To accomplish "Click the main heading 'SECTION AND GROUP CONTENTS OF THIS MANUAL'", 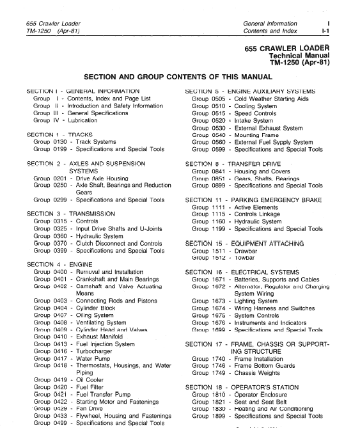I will click(x=180, y=77).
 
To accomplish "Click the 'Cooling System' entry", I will click(x=256, y=106).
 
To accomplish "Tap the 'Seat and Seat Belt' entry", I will click(x=262, y=402).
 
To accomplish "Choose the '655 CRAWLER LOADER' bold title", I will click(x=287, y=49).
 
